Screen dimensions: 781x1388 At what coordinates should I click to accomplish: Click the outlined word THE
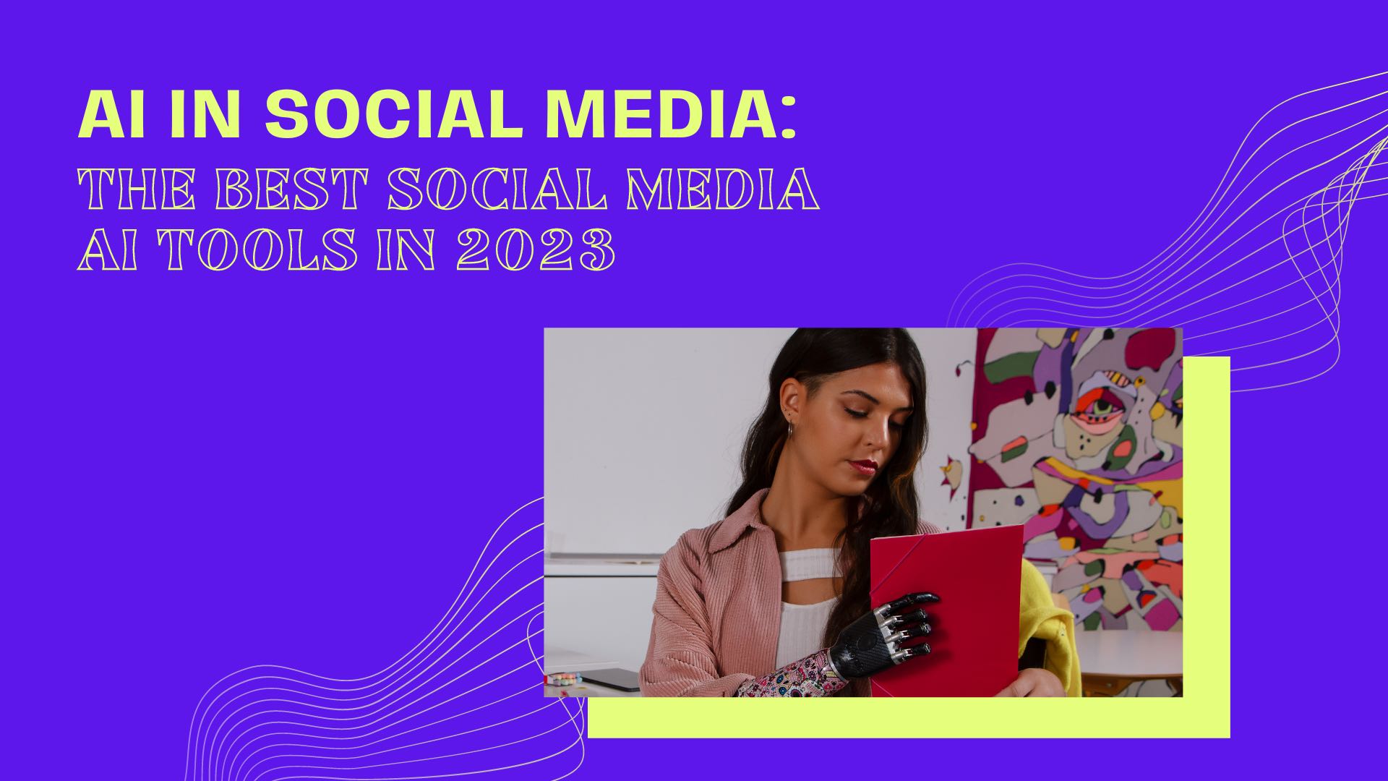click(137, 189)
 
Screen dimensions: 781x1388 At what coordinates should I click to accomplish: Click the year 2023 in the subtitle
click(535, 250)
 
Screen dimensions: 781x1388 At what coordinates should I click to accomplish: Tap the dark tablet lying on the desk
click(611, 680)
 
